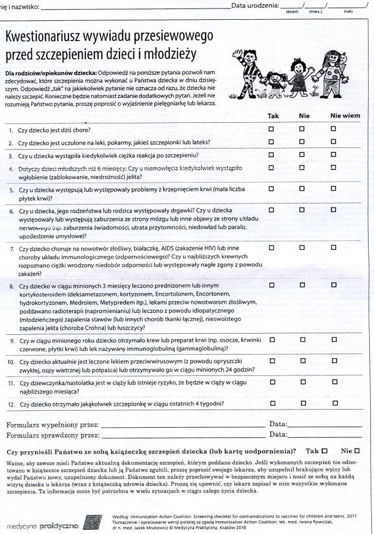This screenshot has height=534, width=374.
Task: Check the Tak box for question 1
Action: pos(271,129)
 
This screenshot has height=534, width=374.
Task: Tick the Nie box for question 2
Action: pos(301,142)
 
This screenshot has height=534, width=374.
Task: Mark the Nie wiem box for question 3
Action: pos(333,155)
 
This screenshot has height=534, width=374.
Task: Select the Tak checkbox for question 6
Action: pos(271,210)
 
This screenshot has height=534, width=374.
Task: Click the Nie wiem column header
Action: pos(345,115)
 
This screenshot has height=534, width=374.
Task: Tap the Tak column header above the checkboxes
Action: pos(273,115)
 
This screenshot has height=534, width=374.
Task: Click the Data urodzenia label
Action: pos(255,5)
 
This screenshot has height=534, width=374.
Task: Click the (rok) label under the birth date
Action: pos(348,11)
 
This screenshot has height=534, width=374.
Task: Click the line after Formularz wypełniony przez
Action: pos(181,426)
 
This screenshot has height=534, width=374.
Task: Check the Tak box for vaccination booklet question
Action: pos(324,451)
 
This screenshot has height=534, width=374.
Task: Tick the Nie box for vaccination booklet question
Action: pos(356,451)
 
